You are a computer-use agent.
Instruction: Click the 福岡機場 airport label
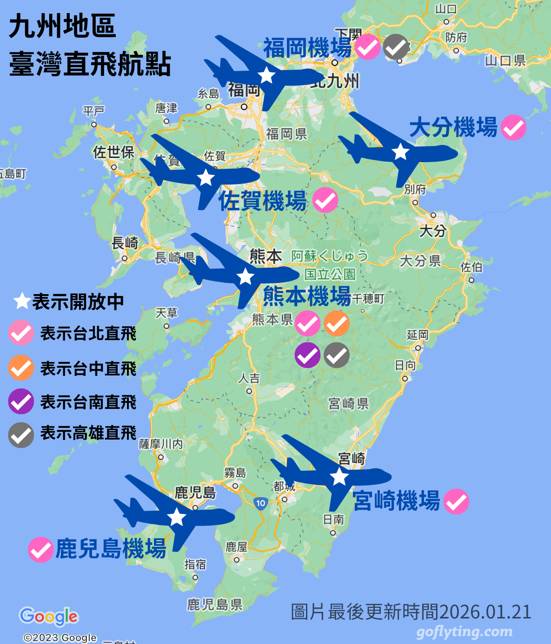pos(307,47)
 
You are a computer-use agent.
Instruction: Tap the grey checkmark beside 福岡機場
pos(396,47)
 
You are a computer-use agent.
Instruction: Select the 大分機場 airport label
pos(453,127)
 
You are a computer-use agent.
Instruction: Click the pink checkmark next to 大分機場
pos(513,127)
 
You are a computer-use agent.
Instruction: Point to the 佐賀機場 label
pos(263,201)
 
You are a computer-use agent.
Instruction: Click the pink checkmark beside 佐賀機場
pos(325,200)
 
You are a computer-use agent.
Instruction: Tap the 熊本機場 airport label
pos(307,296)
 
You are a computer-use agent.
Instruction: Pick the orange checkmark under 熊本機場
pos(336,323)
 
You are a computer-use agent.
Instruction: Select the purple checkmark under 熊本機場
pos(307,355)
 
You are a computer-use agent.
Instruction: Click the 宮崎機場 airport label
pos(396,501)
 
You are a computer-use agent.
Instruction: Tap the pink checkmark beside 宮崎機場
pos(456,502)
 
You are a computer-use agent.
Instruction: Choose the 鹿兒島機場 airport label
pos(111,549)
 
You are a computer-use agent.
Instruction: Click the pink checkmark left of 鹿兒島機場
pos(40,550)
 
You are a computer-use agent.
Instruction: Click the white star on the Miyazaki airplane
pos(339,476)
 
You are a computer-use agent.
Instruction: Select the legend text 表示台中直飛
pos(88,368)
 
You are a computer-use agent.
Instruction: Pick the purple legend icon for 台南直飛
pos(21,401)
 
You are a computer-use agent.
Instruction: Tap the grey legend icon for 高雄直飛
pos(21,435)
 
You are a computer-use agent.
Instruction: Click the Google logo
pos(49,617)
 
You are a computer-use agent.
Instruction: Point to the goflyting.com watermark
pos(465,632)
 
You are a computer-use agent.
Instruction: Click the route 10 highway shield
pos(260,503)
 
